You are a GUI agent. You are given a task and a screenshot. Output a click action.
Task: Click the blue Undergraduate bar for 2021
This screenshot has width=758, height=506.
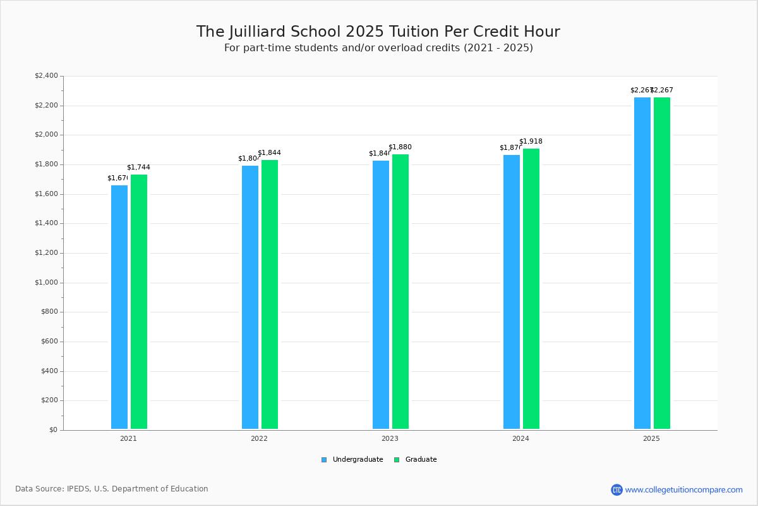point(119,307)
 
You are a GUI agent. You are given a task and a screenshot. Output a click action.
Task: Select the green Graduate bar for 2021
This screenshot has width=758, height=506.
point(139,302)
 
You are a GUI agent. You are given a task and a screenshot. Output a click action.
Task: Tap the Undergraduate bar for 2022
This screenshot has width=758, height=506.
point(250,297)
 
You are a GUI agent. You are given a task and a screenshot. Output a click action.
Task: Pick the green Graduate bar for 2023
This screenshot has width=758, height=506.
point(400,292)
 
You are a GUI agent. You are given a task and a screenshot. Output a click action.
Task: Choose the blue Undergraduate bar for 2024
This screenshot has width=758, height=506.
point(512,292)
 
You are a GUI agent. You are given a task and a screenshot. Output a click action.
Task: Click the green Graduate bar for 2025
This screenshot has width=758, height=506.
point(662,263)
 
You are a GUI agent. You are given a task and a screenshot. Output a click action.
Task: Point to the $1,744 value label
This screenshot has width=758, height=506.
point(138,168)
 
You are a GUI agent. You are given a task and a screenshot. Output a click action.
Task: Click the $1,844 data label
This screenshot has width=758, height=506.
point(269,153)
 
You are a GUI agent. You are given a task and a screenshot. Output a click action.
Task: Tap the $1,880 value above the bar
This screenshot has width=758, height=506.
point(400,147)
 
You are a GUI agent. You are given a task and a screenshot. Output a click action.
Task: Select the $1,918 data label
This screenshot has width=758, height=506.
point(531,142)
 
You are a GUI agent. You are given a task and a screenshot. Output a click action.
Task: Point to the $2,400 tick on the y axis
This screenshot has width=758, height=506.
point(46,76)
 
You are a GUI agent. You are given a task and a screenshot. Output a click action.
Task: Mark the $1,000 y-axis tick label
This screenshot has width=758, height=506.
point(46,283)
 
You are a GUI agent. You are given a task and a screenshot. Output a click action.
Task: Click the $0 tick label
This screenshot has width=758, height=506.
point(52,430)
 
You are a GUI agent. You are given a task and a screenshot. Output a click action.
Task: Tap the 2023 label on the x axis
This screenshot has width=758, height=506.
point(390,438)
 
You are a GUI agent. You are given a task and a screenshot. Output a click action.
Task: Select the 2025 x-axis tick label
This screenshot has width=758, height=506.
point(651,438)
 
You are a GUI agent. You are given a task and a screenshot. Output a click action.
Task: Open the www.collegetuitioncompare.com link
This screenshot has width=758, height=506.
point(683,490)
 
